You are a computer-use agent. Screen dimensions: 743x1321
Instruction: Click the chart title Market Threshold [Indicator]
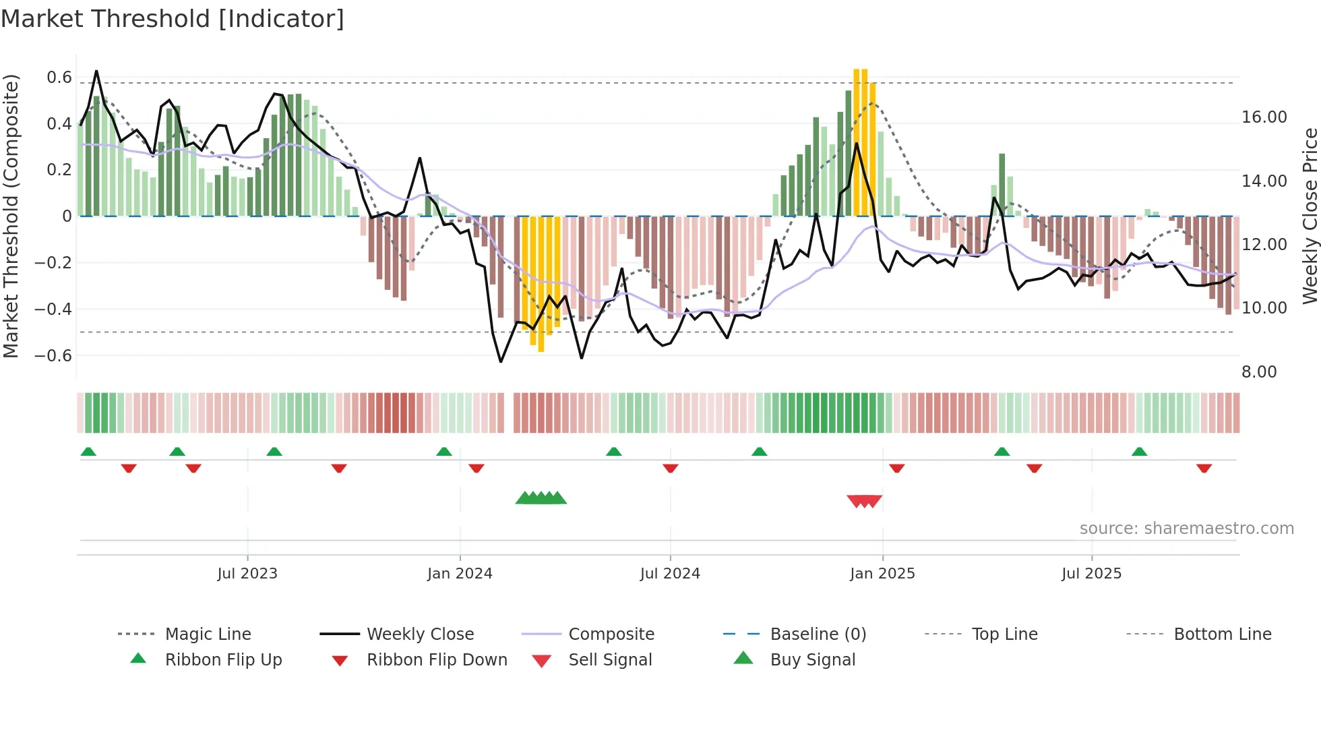click(173, 19)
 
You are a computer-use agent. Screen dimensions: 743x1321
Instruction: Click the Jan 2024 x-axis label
click(460, 574)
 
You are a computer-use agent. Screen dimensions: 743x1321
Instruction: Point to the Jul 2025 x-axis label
click(1091, 574)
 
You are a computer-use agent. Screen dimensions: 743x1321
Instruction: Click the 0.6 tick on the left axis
click(59, 78)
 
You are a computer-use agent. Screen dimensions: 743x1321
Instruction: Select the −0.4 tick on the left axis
click(53, 309)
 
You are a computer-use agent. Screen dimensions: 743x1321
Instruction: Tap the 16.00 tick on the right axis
click(1264, 117)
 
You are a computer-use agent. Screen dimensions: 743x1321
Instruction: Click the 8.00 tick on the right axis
click(1259, 372)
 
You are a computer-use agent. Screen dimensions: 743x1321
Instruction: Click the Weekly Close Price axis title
click(1310, 216)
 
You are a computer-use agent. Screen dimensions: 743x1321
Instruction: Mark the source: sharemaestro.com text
click(1186, 529)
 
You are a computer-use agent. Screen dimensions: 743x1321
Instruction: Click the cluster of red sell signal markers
click(865, 501)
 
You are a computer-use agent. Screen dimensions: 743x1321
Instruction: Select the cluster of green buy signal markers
click(541, 498)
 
